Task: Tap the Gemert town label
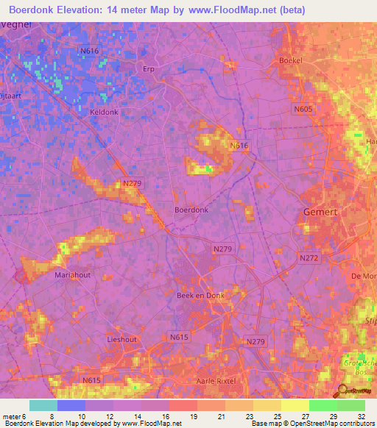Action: [321, 213]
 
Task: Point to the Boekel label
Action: [292, 60]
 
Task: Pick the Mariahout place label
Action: [72, 274]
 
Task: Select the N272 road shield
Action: [309, 258]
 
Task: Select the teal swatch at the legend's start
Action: [43, 405]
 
